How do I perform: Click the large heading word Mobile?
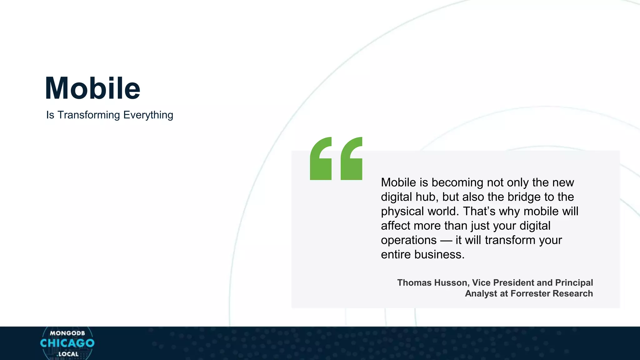[x=93, y=88]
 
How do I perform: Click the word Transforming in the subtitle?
[x=89, y=115]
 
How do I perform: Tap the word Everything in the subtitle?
[x=148, y=115]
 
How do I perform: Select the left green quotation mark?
[x=321, y=158]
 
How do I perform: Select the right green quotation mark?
[x=351, y=158]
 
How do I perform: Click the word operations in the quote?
[x=409, y=240]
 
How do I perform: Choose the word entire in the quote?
[x=396, y=255]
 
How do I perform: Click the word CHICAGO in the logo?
[x=67, y=343]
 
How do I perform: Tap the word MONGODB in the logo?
[x=67, y=333]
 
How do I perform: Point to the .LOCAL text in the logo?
[x=67, y=354]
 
